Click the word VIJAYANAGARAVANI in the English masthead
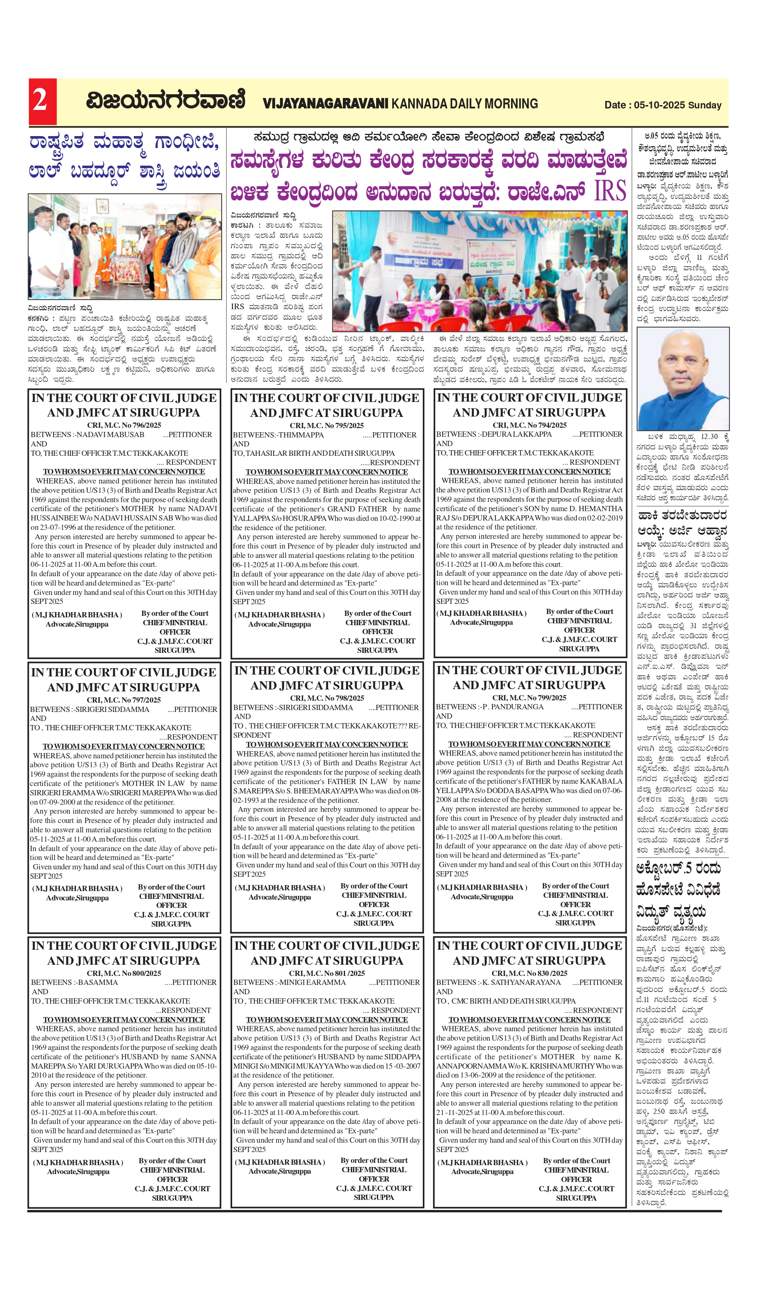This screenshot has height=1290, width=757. point(326,104)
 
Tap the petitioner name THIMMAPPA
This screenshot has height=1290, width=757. point(301,435)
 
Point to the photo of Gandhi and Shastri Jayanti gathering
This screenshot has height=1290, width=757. point(124,246)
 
